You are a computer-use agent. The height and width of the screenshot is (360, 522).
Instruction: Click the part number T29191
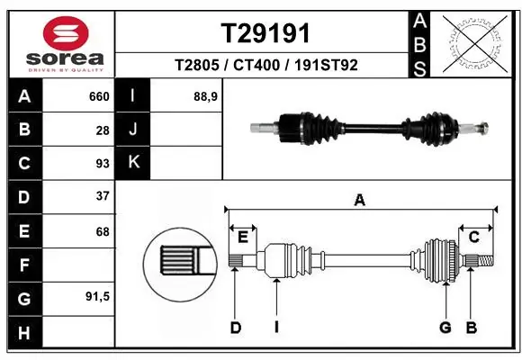pos(265,33)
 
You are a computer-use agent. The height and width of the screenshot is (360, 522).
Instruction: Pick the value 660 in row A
pos(98,95)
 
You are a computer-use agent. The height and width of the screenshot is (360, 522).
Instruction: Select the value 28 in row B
pos(103,130)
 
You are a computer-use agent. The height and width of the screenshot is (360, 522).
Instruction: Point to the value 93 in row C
pos(103,163)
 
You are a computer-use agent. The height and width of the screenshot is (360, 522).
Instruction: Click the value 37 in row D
pos(103,195)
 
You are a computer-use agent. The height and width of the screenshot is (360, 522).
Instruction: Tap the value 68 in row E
pos(103,231)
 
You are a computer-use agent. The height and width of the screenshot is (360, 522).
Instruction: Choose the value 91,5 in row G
pos(97,296)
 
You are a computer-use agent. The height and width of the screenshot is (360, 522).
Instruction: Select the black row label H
pos(23,333)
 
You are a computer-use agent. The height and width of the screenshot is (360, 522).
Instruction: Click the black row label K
pos(133,162)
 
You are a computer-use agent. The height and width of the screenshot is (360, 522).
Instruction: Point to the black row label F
pos(23,265)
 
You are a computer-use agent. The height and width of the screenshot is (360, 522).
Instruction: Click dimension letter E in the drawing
pos(242,237)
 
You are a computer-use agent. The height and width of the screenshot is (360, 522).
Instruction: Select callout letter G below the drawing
pos(445,327)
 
